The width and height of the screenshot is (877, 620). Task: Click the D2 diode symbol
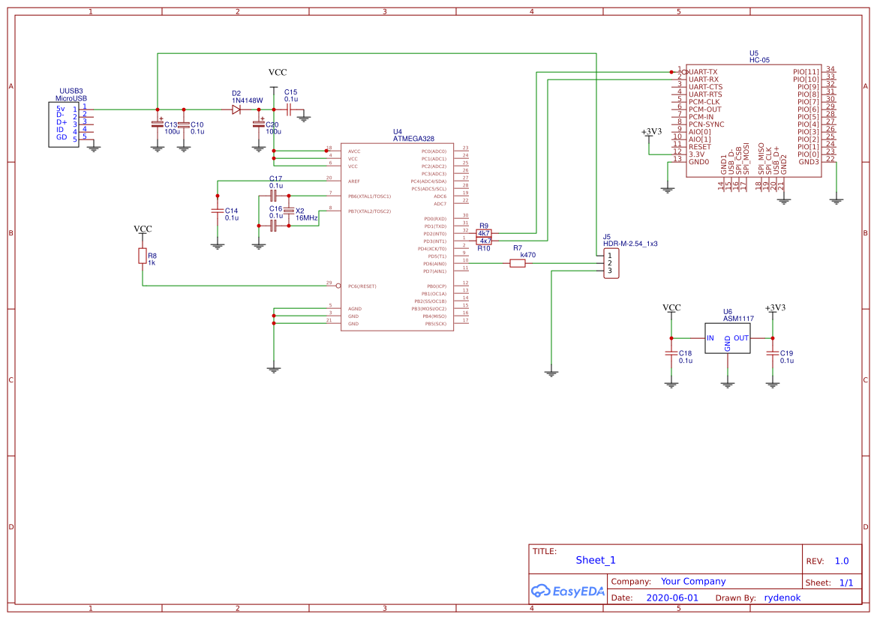(x=236, y=109)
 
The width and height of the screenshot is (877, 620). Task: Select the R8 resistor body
(x=143, y=256)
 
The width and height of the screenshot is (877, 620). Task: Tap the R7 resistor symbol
(x=518, y=263)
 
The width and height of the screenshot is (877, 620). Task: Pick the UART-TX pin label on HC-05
(x=703, y=71)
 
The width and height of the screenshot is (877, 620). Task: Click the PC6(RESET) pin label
(x=362, y=286)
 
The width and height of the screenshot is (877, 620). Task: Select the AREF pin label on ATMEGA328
(x=354, y=181)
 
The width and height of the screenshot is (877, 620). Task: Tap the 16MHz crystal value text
(x=307, y=218)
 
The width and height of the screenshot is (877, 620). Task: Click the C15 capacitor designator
(x=290, y=91)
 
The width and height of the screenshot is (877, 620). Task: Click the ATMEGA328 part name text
(x=413, y=139)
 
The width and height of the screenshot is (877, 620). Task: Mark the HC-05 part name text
(x=759, y=60)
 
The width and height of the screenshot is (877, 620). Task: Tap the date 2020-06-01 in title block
(x=671, y=598)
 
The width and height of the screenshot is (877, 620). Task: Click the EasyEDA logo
(x=568, y=591)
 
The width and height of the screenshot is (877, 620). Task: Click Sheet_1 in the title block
(x=596, y=560)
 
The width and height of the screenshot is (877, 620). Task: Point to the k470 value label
(x=528, y=256)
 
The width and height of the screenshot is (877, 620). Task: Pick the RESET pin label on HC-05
(x=699, y=146)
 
